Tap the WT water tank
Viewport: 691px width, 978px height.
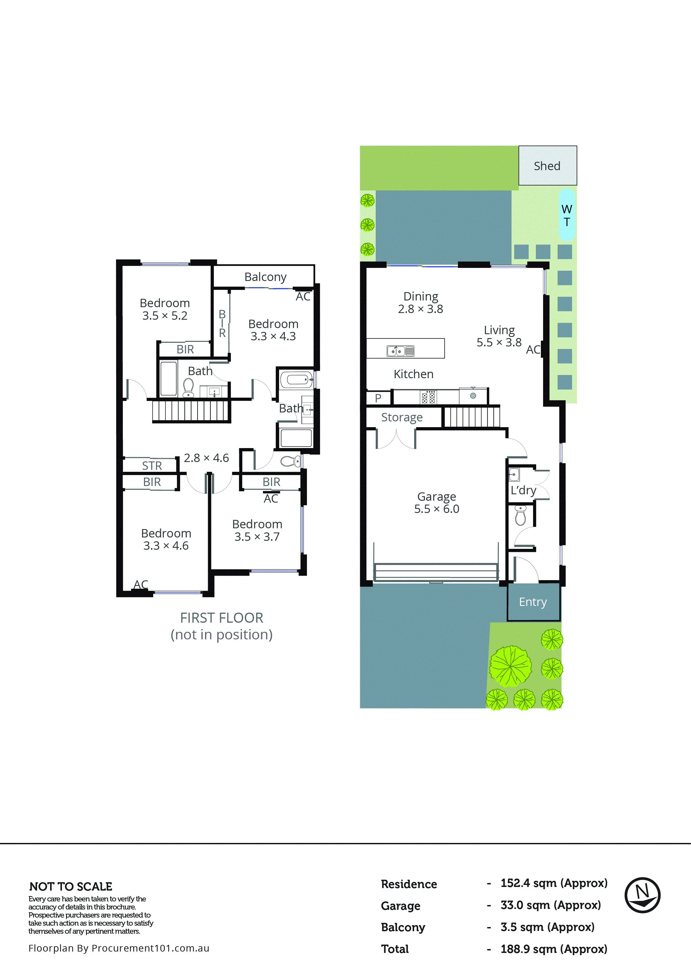tap(566, 215)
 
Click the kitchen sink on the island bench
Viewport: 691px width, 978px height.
tap(400, 351)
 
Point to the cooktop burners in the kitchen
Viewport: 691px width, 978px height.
tap(428, 397)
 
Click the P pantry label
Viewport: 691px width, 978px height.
tap(378, 398)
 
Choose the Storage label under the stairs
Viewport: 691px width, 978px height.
tap(402, 417)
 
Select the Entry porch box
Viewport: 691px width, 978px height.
tap(533, 602)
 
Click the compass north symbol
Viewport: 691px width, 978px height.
tap(642, 895)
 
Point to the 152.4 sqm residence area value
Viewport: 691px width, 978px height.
tap(553, 883)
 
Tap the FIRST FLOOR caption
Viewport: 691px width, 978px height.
tap(221, 618)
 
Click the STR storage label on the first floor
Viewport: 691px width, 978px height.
tap(152, 466)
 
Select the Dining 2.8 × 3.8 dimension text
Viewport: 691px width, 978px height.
tap(421, 309)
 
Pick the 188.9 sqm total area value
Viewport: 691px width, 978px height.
tap(553, 949)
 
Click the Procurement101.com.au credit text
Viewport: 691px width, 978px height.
tap(119, 948)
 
